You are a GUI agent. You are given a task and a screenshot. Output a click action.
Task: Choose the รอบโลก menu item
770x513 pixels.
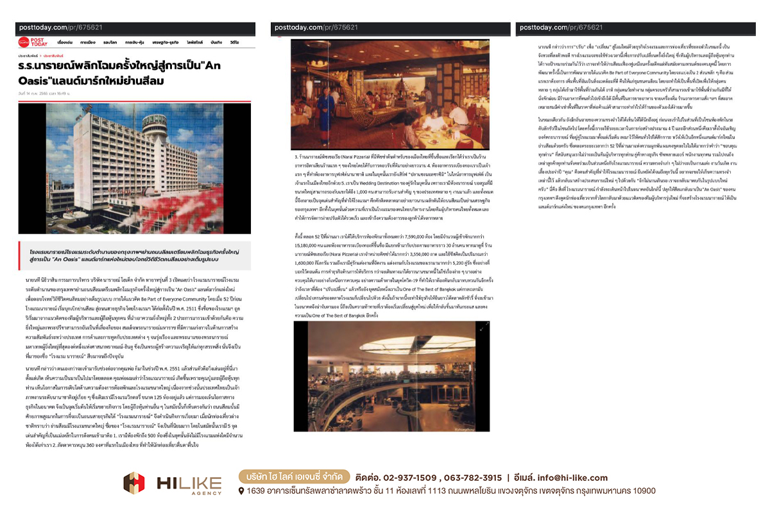pyautogui.click(x=110, y=42)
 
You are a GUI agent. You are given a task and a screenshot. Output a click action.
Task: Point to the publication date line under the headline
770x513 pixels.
pyautogui.click(x=44, y=94)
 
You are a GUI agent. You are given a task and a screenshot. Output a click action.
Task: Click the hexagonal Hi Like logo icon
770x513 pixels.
pyautogui.click(x=134, y=483)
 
